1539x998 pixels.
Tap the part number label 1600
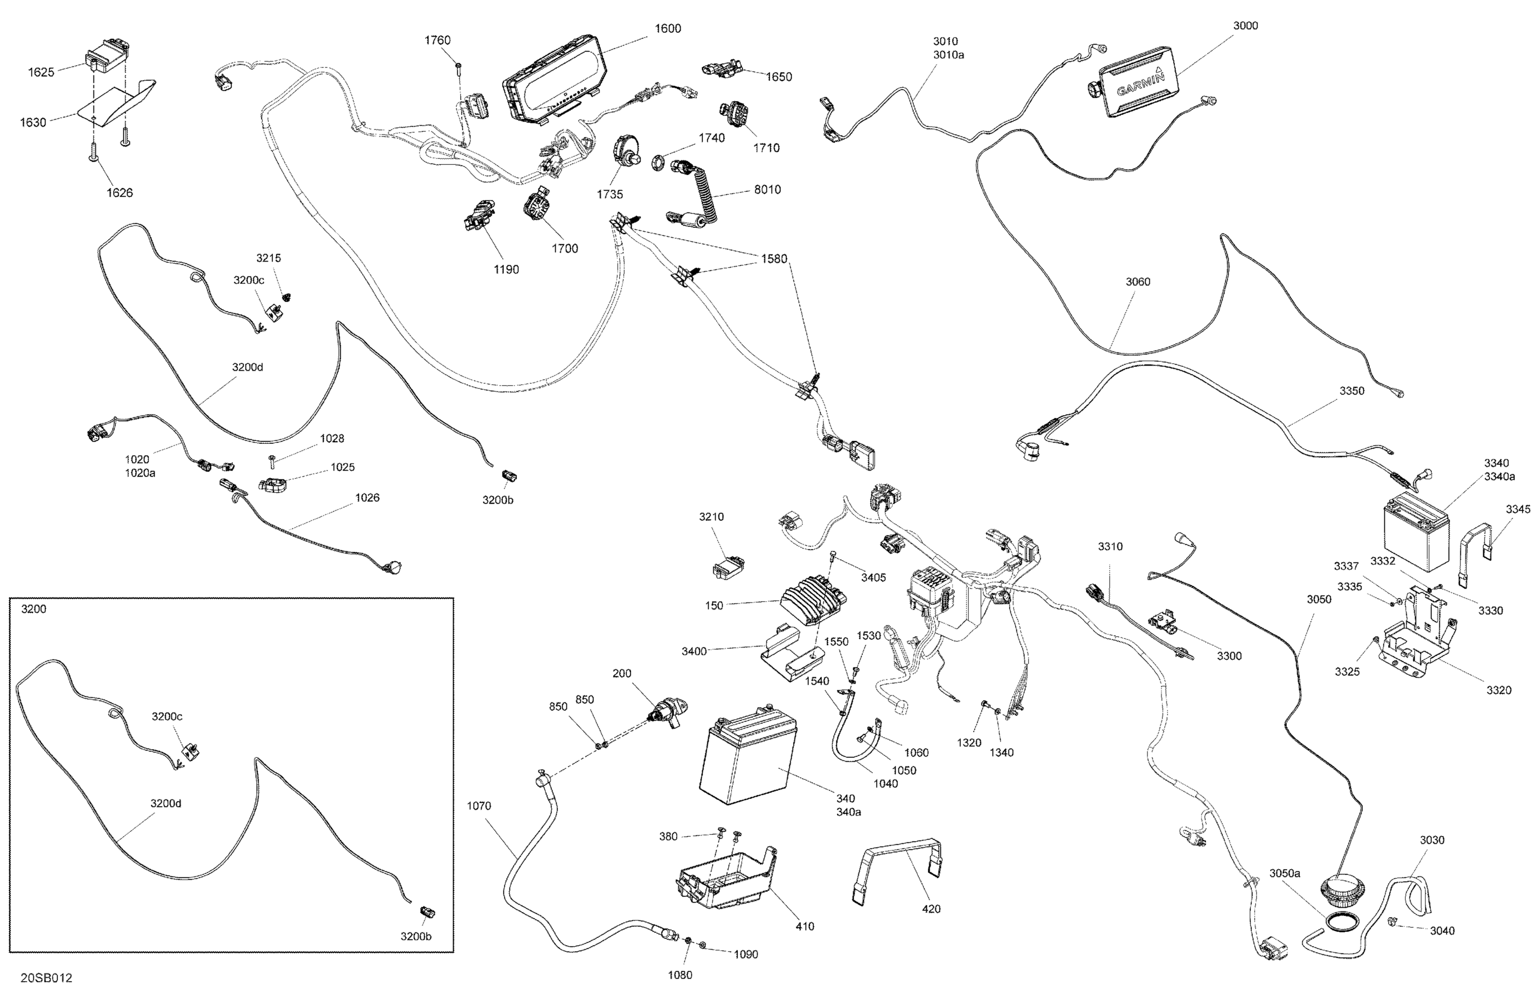click(667, 28)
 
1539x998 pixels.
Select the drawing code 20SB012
click(47, 978)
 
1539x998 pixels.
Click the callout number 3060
click(1138, 281)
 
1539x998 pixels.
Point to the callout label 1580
click(774, 259)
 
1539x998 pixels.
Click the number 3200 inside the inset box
click(34, 609)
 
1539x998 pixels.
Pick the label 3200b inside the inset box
click(416, 936)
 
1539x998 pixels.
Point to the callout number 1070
click(479, 806)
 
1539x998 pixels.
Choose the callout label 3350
click(1351, 390)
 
